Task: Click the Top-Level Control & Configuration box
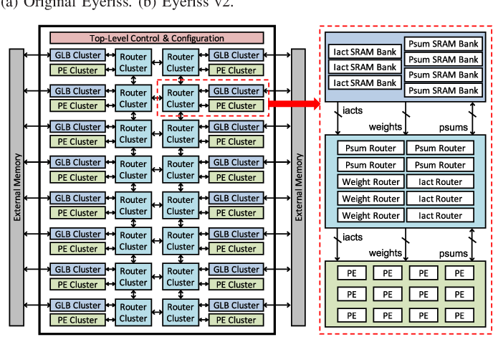click(156, 38)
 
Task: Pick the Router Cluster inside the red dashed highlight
click(181, 98)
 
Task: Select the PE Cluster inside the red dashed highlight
click(236, 106)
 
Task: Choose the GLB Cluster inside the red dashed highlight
click(236, 91)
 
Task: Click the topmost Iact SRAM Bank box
click(365, 52)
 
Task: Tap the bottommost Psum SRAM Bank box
click(442, 90)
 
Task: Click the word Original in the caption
click(51, 4)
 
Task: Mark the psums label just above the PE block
click(453, 253)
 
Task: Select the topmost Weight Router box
click(370, 182)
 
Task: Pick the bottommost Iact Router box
click(440, 215)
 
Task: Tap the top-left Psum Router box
click(370, 148)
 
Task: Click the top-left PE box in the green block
click(352, 273)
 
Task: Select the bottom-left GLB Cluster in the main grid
click(77, 305)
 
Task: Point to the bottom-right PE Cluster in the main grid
click(236, 321)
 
